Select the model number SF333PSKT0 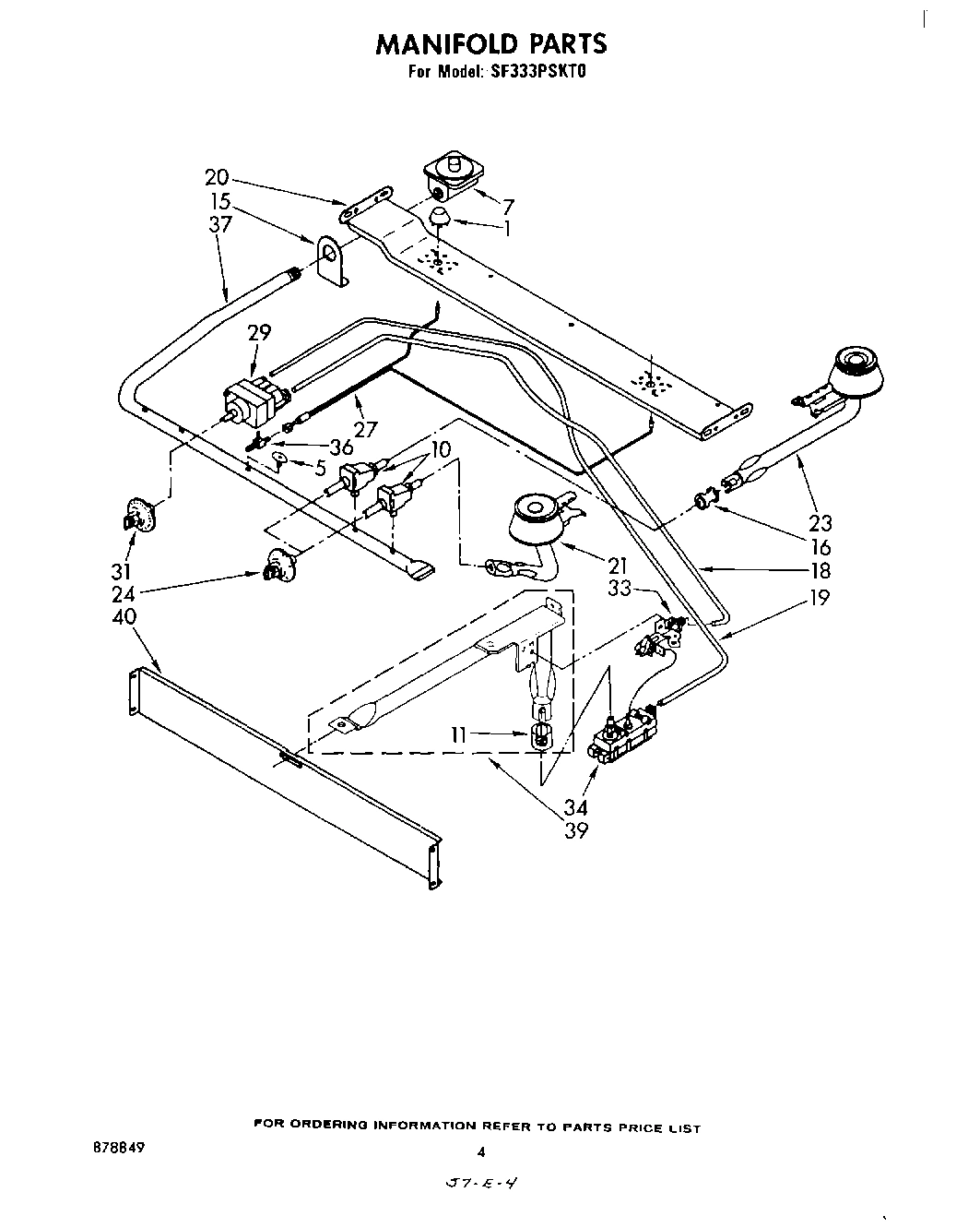[526, 70]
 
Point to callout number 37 [219, 224]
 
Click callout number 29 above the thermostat [259, 332]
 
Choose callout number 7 [507, 207]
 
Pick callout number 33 [621, 586]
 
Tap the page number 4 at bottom [480, 1151]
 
